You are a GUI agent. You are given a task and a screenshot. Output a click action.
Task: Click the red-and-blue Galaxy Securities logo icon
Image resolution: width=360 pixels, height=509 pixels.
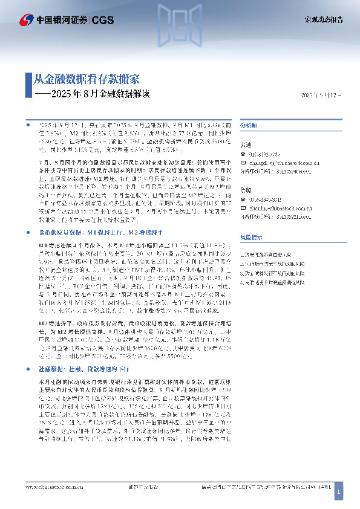26,20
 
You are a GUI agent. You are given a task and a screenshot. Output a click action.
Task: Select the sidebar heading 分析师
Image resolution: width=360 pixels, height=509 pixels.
249,125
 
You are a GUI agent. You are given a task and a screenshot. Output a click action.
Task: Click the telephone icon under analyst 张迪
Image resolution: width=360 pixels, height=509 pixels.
243,155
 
